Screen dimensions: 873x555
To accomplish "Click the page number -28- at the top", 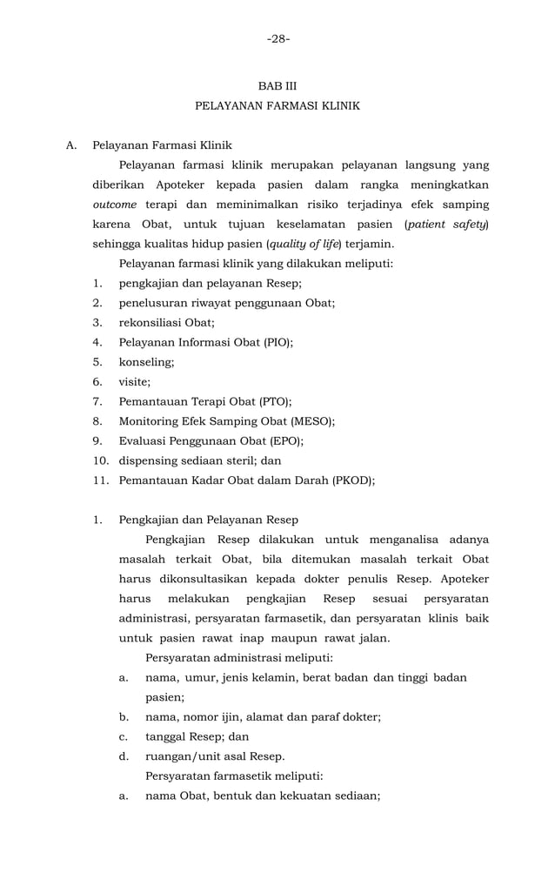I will coord(277,38).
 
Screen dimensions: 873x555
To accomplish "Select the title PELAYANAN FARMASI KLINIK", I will coord(277,106).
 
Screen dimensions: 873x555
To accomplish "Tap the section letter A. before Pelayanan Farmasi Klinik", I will coord(72,145).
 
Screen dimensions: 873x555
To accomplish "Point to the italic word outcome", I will coord(115,205).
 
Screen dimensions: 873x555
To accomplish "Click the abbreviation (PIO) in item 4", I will coord(277,343).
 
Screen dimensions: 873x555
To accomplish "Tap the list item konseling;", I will coord(146,362).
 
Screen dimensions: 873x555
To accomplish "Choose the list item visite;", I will coord(135,381).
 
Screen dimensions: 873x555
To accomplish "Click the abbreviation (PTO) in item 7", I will coord(275,401).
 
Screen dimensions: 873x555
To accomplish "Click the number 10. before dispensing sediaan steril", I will coord(101,460).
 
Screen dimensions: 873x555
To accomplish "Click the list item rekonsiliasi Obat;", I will coord(166,323).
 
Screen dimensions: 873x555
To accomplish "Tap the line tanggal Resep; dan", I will coord(197,736).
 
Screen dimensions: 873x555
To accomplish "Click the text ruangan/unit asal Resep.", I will coord(215,755).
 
